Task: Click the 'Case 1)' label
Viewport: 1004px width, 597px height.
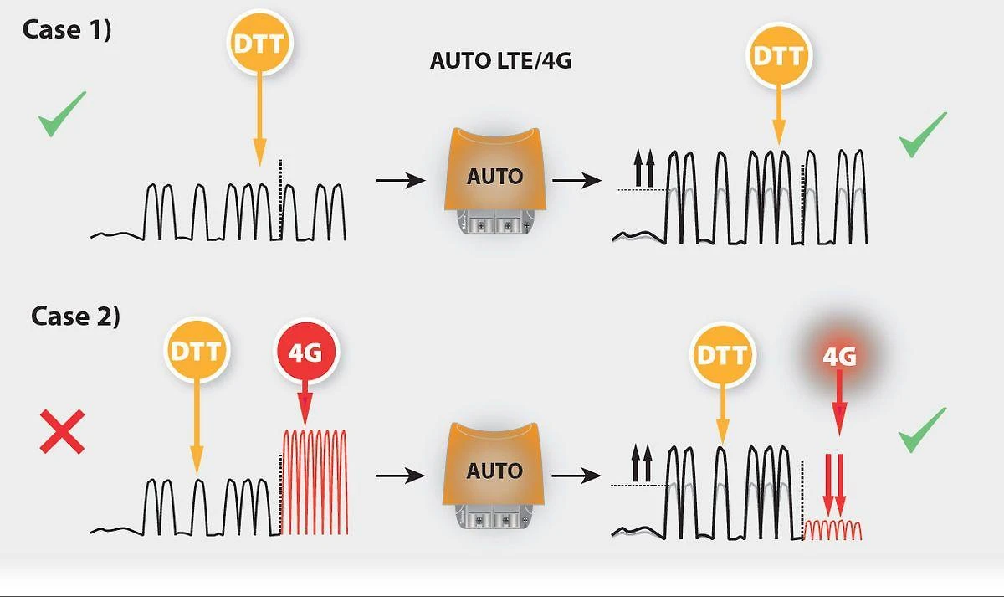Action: tap(66, 30)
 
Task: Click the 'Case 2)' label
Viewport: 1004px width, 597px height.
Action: tap(75, 317)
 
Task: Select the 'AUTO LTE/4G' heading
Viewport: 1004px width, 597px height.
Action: tap(500, 60)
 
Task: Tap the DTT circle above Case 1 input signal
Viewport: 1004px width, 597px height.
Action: tap(260, 43)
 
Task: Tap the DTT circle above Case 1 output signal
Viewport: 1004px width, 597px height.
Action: tap(779, 55)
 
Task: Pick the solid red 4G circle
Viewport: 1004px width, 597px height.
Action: tap(306, 352)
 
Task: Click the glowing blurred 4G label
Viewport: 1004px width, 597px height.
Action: tap(839, 357)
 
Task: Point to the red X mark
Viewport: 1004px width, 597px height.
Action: tap(62, 431)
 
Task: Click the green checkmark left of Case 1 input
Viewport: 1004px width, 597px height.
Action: tap(62, 114)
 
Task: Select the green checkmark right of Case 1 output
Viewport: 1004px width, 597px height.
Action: tap(923, 135)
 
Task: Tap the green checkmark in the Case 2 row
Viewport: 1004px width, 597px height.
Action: tap(922, 430)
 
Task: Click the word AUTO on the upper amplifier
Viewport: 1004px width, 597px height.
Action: tap(494, 177)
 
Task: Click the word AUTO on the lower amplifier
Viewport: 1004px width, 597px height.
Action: tap(494, 471)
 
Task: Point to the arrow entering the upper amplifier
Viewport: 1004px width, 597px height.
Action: tap(401, 180)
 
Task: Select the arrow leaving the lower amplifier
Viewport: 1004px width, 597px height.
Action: tap(576, 475)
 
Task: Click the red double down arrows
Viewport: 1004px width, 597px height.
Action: tap(834, 486)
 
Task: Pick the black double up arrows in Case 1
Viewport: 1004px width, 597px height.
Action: tap(644, 168)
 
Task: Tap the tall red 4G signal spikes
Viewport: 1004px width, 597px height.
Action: tap(315, 482)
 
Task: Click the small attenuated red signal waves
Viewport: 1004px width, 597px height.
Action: tap(832, 530)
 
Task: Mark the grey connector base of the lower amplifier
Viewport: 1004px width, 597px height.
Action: tap(494, 517)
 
